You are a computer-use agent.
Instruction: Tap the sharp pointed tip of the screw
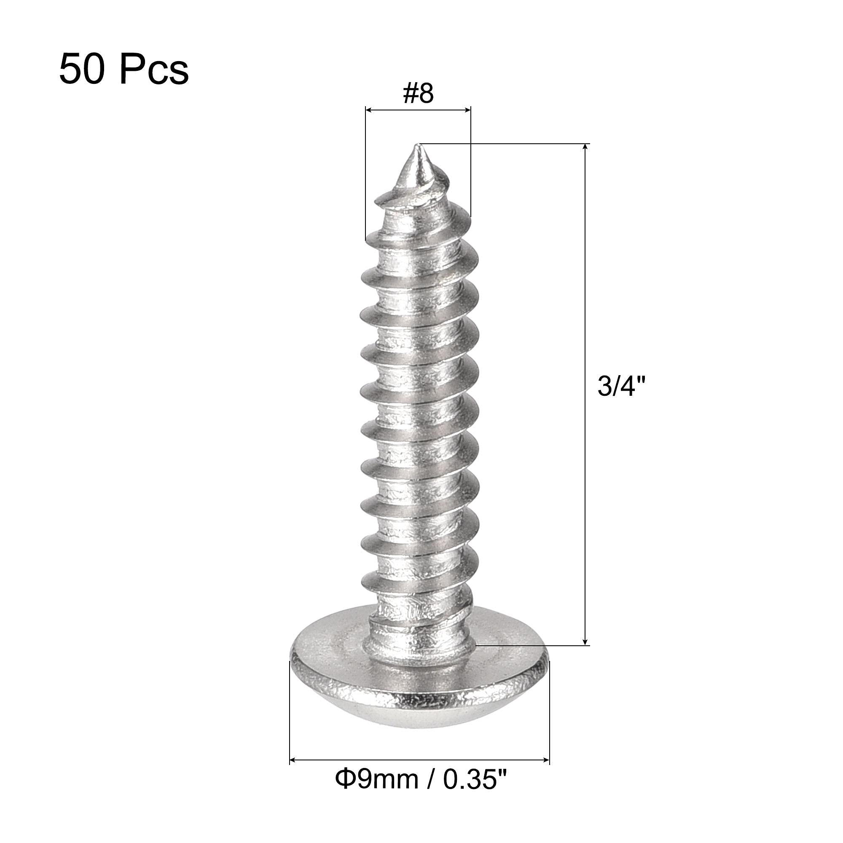(419, 145)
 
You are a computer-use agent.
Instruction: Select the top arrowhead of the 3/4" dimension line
(585, 148)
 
